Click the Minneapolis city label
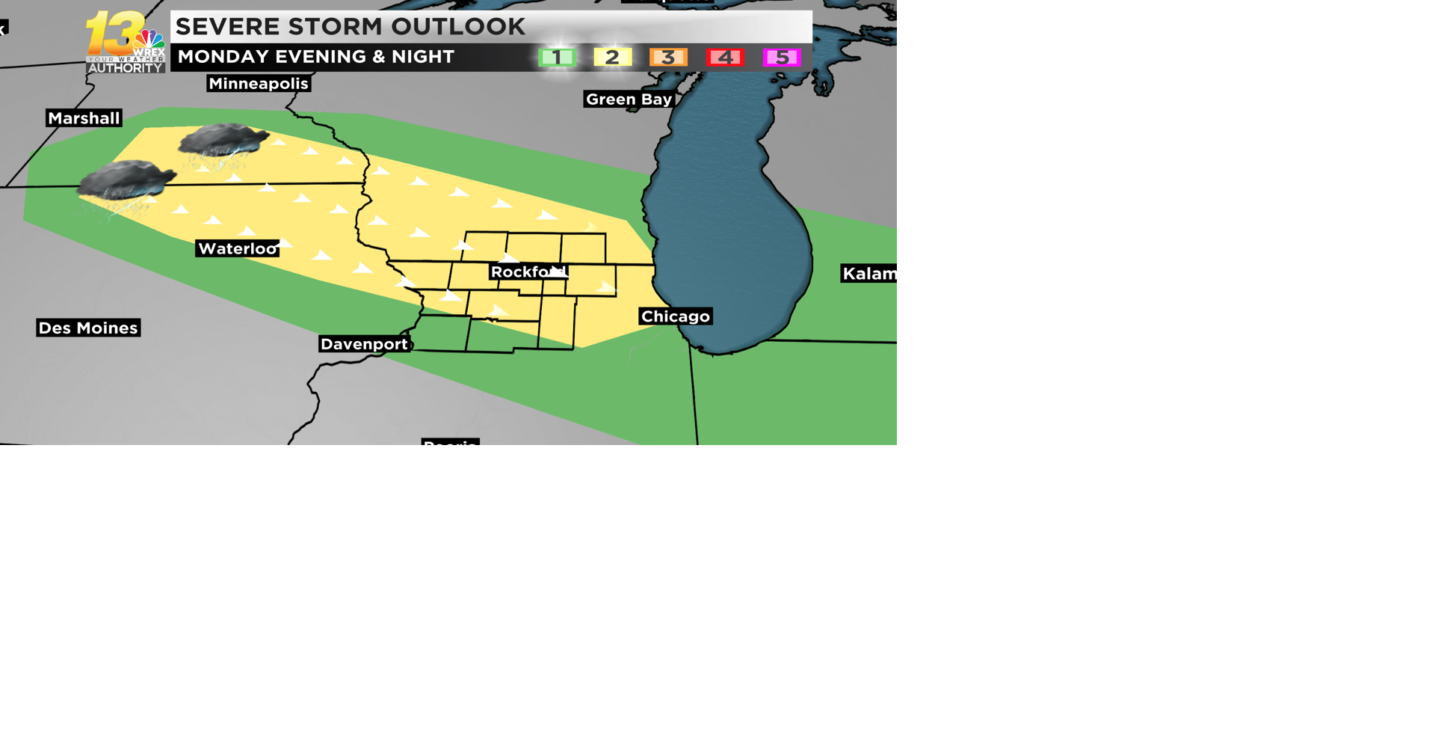[x=258, y=84]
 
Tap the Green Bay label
[x=629, y=99]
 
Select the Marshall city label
[x=84, y=118]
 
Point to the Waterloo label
[x=238, y=248]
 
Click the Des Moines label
[x=88, y=328]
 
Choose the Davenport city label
[x=364, y=344]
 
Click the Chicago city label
[x=675, y=316]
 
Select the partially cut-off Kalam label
[x=868, y=274]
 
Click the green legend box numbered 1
[x=557, y=58]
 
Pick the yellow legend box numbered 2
[x=612, y=58]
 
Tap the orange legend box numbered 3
[x=668, y=58]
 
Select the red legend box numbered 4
[x=725, y=58]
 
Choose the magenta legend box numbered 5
[x=782, y=58]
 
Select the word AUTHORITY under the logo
[x=126, y=68]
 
